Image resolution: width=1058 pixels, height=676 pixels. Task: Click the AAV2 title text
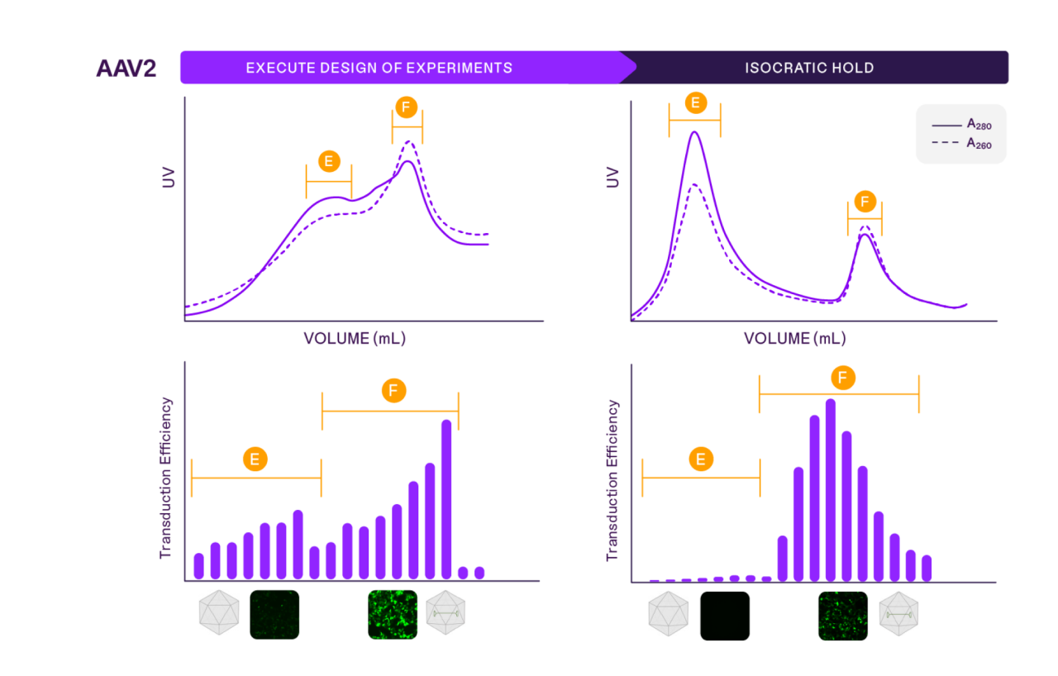click(x=126, y=68)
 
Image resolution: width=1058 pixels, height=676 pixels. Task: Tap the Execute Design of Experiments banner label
click(x=379, y=68)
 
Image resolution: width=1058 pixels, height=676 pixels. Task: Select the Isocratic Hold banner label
click(x=808, y=68)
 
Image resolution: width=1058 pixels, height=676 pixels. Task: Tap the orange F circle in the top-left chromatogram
click(x=406, y=107)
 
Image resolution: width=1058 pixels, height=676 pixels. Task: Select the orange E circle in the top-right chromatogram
click(x=695, y=102)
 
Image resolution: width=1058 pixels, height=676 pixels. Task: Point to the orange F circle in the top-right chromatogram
click(x=865, y=201)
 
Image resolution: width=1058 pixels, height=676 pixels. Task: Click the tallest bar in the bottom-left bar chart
click(x=446, y=499)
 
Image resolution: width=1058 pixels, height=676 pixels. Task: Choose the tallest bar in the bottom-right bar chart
click(x=830, y=490)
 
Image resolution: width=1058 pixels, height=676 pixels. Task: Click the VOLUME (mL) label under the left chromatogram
click(x=355, y=339)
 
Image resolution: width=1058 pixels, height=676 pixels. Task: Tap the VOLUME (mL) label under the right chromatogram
click(x=794, y=339)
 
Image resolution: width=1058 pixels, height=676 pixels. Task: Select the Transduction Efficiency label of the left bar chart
click(x=165, y=478)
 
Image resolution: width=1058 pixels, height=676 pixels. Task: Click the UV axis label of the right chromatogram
click(x=612, y=178)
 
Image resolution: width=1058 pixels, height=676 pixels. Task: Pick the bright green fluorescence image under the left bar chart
click(x=392, y=615)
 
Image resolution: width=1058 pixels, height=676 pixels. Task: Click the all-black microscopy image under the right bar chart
click(x=725, y=616)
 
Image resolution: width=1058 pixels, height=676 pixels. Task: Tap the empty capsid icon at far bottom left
click(x=219, y=613)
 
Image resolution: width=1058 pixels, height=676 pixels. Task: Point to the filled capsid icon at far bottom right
click(x=898, y=615)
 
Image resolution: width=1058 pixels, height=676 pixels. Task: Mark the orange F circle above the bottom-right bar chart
click(x=841, y=378)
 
